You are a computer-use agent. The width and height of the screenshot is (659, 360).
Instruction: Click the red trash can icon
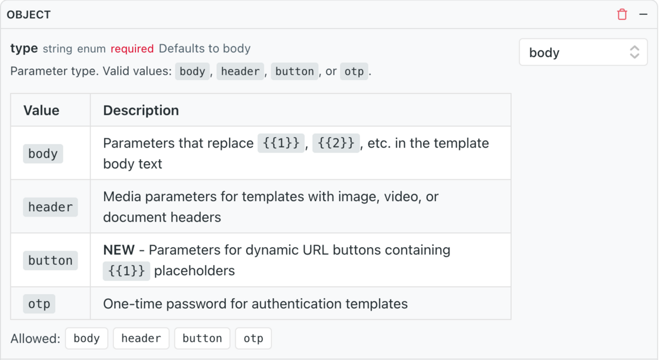[622, 14]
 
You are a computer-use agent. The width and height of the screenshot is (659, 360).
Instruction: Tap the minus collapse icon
[643, 14]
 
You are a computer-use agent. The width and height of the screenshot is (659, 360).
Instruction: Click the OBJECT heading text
[29, 15]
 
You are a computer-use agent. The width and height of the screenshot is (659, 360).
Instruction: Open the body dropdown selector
[583, 52]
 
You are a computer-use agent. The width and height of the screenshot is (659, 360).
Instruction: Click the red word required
[132, 49]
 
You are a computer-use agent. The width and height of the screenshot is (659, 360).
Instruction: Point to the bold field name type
[24, 49]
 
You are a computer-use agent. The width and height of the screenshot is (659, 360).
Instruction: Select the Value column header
[41, 110]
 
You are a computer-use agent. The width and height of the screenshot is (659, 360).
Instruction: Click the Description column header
[141, 110]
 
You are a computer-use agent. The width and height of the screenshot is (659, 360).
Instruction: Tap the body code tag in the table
[43, 154]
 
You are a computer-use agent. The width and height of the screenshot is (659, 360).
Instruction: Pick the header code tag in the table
[51, 207]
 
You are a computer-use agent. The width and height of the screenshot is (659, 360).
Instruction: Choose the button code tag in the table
[51, 261]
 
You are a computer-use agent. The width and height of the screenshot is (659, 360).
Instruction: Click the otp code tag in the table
[39, 304]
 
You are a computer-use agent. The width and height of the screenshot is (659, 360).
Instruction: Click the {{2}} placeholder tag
[336, 144]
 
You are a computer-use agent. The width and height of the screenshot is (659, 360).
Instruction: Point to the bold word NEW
[119, 250]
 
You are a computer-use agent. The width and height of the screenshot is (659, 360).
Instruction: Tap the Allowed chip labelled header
[141, 339]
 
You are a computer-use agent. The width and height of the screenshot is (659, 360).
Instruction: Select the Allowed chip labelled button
[202, 339]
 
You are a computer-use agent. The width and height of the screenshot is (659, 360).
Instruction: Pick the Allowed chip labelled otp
[254, 339]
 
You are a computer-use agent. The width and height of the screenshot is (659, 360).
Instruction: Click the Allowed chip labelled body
[86, 339]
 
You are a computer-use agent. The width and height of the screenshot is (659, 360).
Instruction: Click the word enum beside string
[91, 49]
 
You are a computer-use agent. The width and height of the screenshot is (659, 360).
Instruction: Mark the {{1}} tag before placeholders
[127, 271]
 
